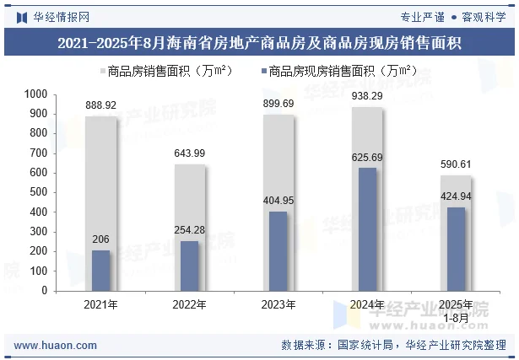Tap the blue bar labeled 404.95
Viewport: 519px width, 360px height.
click(278, 250)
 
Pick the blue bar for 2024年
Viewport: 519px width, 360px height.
click(367, 228)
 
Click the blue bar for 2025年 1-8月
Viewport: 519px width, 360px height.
click(456, 249)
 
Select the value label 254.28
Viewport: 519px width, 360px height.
click(190, 230)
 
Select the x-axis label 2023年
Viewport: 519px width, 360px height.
click(278, 304)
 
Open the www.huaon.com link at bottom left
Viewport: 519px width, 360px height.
click(50, 345)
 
